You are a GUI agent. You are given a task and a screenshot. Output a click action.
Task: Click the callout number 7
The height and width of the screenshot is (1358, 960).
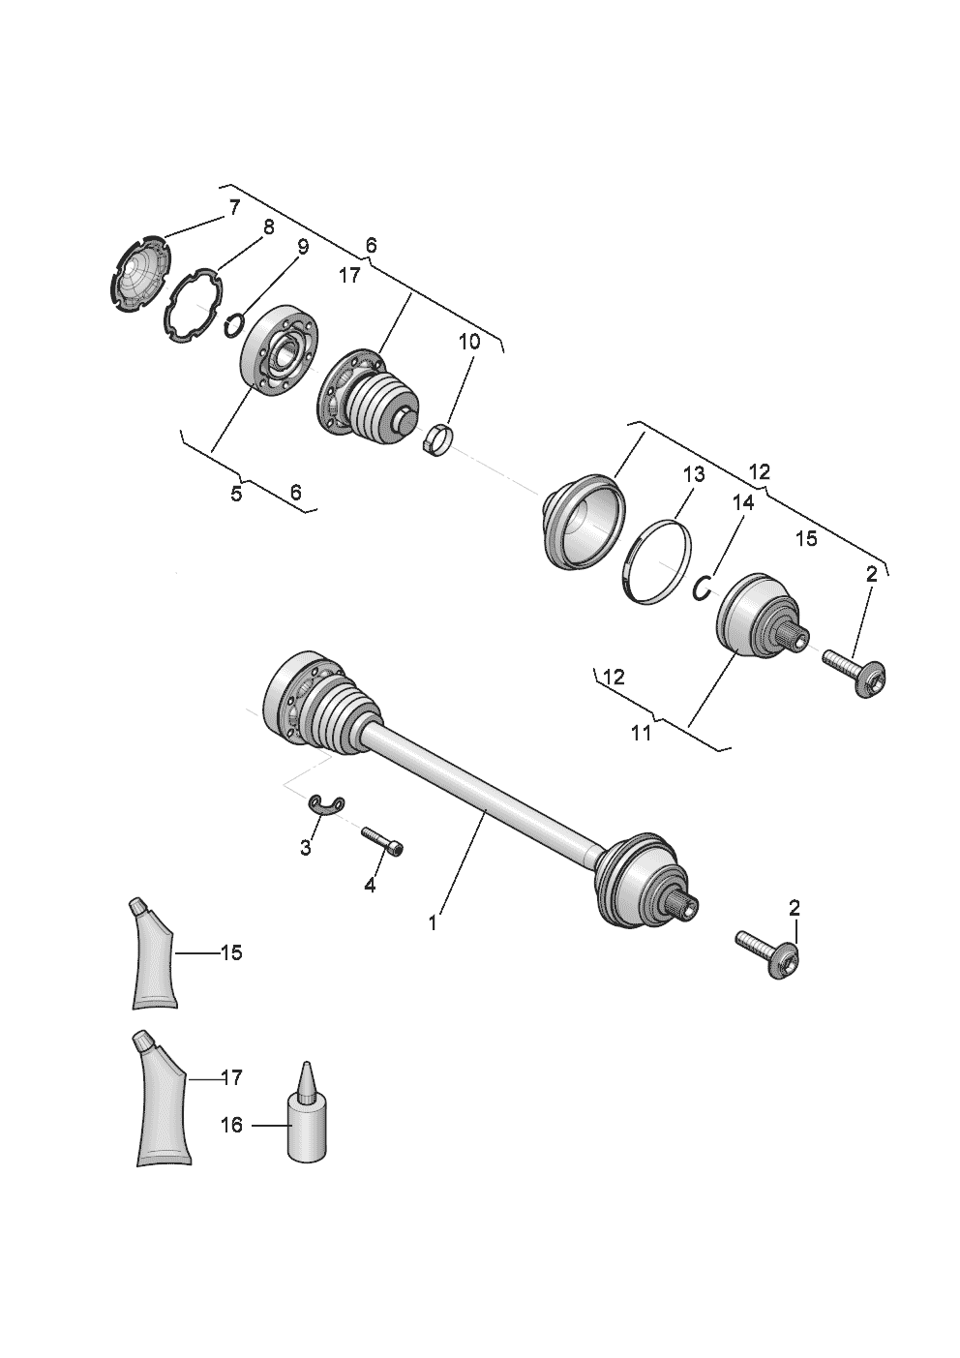(234, 208)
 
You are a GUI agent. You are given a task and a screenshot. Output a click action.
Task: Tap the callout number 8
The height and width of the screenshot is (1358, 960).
(268, 227)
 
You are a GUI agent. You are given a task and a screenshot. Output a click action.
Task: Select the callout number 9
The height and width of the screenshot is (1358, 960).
(303, 247)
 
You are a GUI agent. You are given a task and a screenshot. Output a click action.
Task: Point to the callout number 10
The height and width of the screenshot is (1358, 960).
(469, 342)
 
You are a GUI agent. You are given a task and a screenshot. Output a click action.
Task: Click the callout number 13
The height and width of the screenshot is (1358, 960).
(694, 474)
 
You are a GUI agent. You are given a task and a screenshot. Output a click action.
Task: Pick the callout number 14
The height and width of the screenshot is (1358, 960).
(743, 502)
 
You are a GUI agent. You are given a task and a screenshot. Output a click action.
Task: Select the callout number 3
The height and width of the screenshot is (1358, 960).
(306, 848)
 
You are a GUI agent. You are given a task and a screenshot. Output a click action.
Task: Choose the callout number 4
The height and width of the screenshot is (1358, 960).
(370, 885)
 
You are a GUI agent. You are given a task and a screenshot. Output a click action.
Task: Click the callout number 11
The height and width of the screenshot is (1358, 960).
(641, 733)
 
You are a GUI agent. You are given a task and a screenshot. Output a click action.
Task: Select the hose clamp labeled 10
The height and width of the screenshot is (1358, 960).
(439, 440)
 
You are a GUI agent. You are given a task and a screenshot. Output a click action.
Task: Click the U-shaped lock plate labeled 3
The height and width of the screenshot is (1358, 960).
(327, 804)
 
